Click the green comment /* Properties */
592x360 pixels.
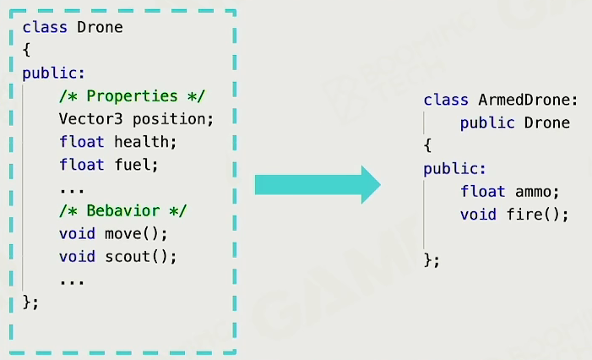coord(132,95)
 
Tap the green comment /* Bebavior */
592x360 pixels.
coord(122,210)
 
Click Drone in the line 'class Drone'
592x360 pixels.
coord(100,27)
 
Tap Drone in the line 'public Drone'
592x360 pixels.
coord(547,123)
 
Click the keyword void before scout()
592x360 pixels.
coord(77,255)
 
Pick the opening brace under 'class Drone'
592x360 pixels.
coord(27,50)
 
